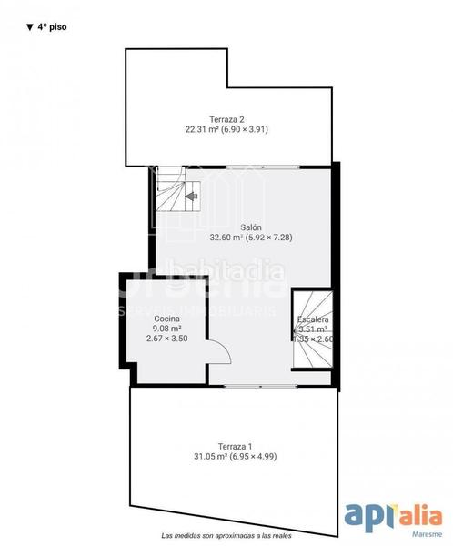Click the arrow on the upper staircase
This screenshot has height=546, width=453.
[x=191, y=194]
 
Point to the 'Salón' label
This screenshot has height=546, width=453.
[x=251, y=227]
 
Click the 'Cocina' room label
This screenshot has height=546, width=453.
[x=166, y=318]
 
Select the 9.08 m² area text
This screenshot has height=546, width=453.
[x=166, y=329]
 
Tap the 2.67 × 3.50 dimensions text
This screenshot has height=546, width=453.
[x=166, y=339]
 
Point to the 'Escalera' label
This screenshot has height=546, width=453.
[x=312, y=320]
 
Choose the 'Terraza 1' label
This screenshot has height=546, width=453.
[x=237, y=446]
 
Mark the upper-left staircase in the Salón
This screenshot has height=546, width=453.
[x=176, y=194]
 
